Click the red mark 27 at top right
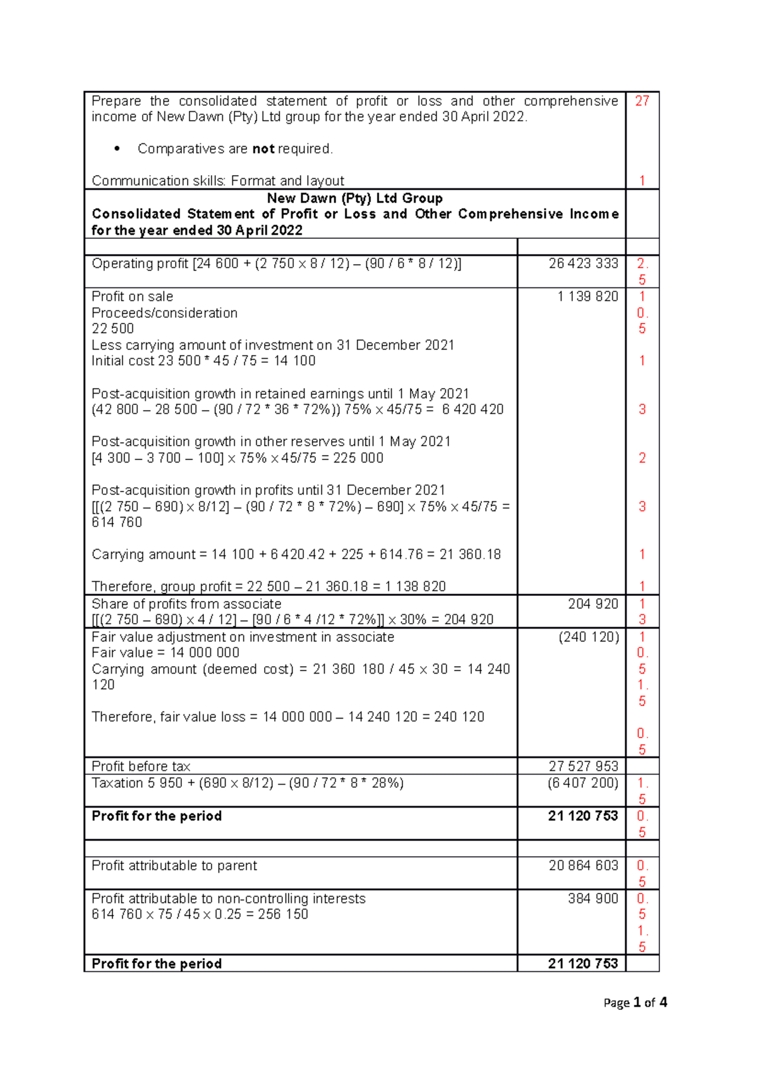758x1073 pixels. point(642,101)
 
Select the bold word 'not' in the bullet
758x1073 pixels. point(263,149)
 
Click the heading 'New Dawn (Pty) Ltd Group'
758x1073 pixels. point(354,198)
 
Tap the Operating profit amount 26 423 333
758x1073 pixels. point(583,264)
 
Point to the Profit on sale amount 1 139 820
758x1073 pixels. point(587,296)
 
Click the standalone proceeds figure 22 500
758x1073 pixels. point(112,329)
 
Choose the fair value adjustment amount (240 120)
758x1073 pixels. point(588,637)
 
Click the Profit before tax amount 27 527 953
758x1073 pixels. point(583,767)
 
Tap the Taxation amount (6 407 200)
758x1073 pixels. point(583,783)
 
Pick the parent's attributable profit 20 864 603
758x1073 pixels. point(583,866)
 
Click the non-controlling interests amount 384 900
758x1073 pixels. point(593,899)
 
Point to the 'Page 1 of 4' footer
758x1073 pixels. point(635,1003)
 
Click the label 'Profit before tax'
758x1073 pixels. point(141,767)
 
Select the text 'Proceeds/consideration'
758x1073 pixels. point(164,313)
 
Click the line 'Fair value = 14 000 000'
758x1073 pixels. point(165,653)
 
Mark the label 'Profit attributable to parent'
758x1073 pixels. point(174,866)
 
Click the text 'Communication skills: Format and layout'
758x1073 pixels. point(218,181)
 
